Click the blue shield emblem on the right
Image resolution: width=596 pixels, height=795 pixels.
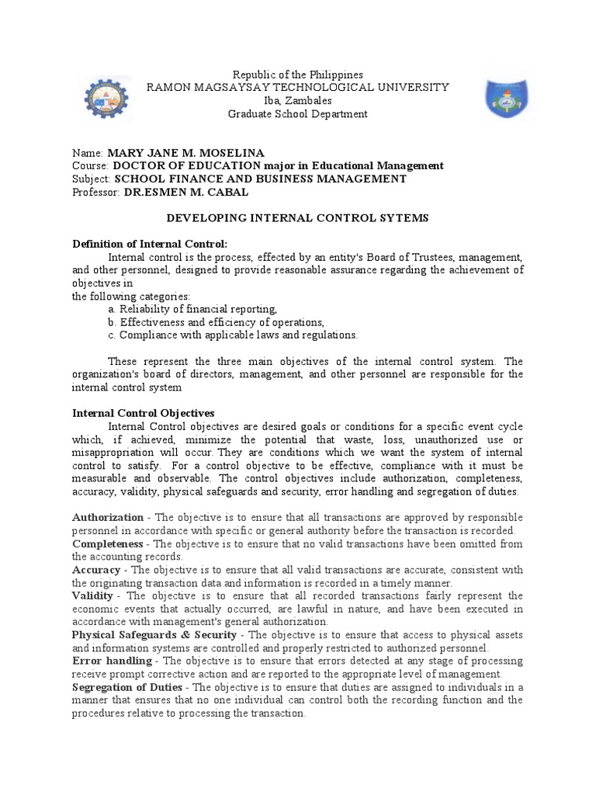507,100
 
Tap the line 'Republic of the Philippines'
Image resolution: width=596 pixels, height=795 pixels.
298,75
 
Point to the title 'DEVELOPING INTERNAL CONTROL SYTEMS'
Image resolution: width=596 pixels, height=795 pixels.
299,218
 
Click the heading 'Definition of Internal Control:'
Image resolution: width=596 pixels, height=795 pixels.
150,245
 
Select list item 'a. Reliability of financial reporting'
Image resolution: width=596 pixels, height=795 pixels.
192,309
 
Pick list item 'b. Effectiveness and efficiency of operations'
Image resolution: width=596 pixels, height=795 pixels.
216,322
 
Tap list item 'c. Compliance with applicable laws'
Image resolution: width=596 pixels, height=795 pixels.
233,335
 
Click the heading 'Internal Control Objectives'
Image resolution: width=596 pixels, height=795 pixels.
143,414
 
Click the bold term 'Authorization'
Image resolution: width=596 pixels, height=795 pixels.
108,517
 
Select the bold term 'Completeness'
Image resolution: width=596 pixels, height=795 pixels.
108,543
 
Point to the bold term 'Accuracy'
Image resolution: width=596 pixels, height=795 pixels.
96,570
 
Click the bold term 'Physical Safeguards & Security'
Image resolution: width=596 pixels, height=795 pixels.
154,635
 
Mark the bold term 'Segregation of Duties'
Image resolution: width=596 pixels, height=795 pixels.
127,687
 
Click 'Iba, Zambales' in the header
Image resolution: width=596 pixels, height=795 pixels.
298,101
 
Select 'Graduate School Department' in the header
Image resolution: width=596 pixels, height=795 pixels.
298,114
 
